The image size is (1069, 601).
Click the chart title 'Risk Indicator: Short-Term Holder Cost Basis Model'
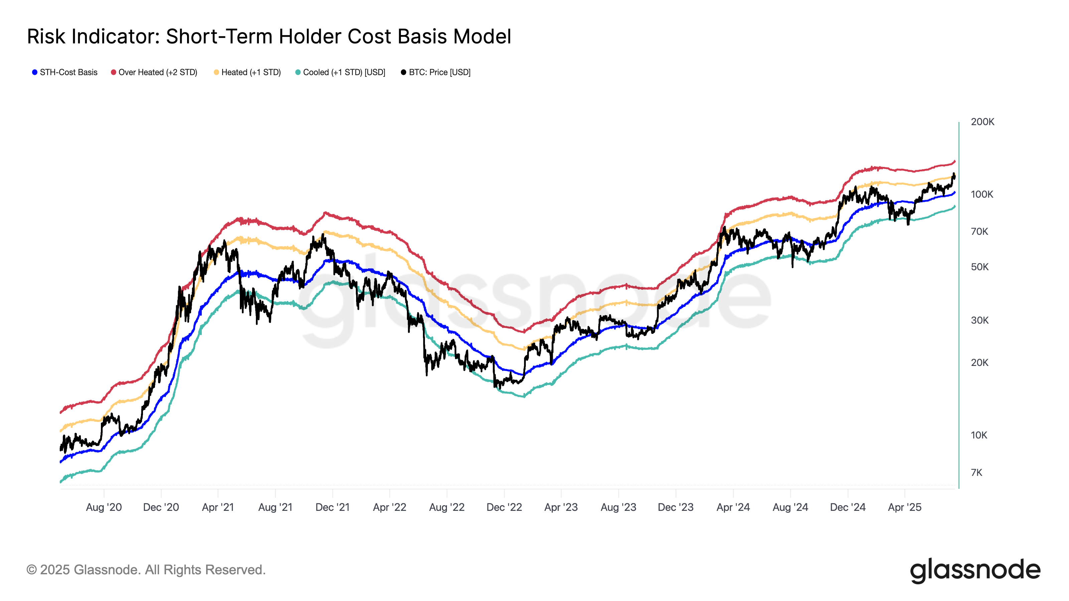269,36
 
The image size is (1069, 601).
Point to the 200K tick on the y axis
982,122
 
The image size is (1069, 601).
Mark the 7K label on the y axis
976,472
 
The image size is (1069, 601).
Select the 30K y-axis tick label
979,320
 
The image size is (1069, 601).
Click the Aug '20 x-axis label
104,507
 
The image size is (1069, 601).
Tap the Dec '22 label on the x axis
504,507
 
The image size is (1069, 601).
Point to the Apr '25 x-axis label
904,507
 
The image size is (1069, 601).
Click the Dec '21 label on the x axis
332,507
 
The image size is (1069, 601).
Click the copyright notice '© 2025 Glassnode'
146,570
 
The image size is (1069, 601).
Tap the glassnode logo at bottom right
975,570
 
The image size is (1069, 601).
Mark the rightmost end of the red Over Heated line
954,161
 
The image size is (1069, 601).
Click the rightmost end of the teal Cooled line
954,206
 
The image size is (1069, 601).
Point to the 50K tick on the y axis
979,267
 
